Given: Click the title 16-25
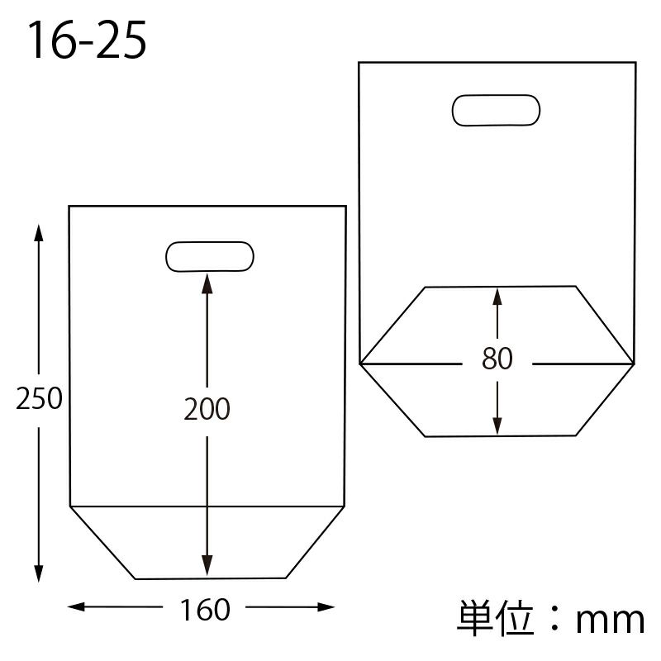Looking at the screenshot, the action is [x=87, y=40].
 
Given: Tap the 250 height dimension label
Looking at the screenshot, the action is [x=39, y=398].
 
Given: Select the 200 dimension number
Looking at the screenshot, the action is [x=207, y=408].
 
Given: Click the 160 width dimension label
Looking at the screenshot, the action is [x=205, y=609].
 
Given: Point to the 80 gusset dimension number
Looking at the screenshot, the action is [x=497, y=359].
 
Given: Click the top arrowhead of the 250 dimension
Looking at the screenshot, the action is [x=39, y=233].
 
